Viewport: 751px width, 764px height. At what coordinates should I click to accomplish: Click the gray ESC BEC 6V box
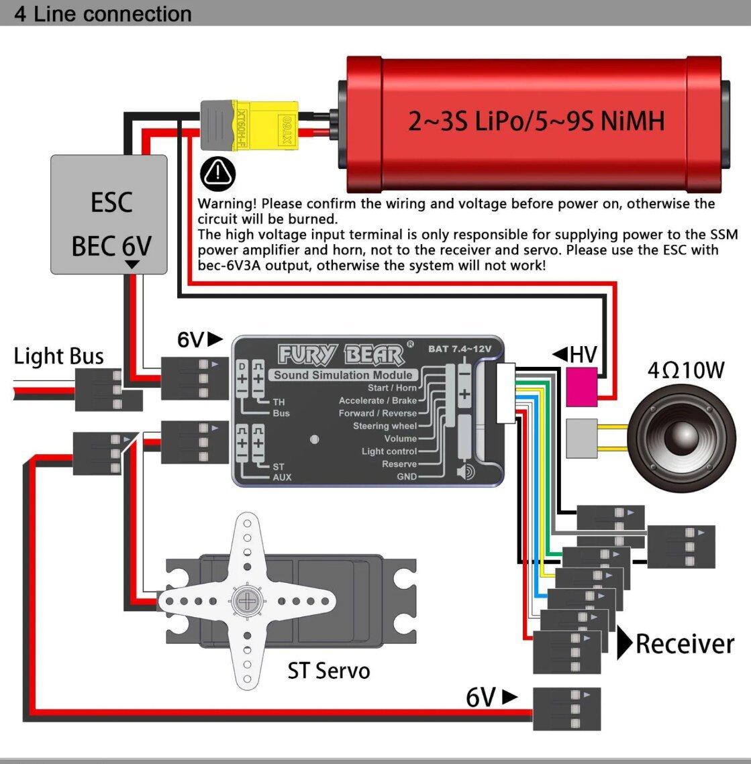pos(109,215)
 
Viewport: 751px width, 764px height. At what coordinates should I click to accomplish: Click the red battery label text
pos(536,121)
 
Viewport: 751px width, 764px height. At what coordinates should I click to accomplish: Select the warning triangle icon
pos(219,174)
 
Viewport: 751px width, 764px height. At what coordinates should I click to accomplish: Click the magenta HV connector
pos(581,386)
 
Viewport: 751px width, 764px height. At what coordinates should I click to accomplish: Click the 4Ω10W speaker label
pos(685,370)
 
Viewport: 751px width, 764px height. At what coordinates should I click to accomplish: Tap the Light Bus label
pos(59,356)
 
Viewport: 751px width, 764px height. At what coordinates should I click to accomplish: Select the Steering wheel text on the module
pos(385,426)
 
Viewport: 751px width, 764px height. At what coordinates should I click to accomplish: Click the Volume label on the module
pos(400,439)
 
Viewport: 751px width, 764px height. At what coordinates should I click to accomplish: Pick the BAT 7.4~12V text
pos(460,349)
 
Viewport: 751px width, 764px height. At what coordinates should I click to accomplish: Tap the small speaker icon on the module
pos(465,472)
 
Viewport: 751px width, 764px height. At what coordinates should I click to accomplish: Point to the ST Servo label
pos(328,670)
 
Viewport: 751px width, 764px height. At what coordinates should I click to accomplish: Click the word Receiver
pos(685,644)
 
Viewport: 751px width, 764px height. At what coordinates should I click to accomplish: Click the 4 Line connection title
pos(103,13)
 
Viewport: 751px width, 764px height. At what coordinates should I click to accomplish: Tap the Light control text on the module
pos(389,451)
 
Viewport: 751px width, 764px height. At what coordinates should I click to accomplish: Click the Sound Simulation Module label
pos(342,375)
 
